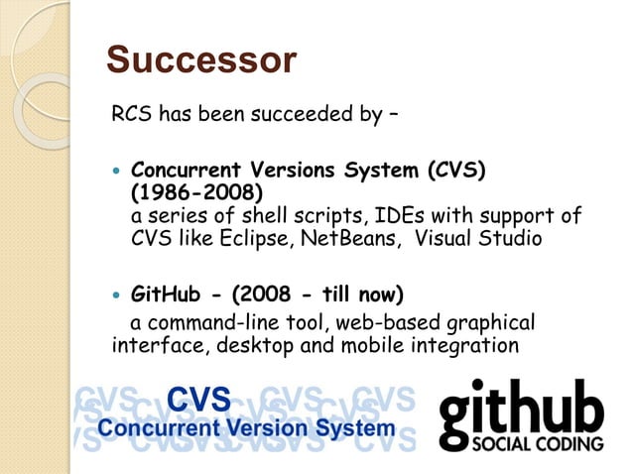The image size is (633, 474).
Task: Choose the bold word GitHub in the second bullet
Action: [165, 296]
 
